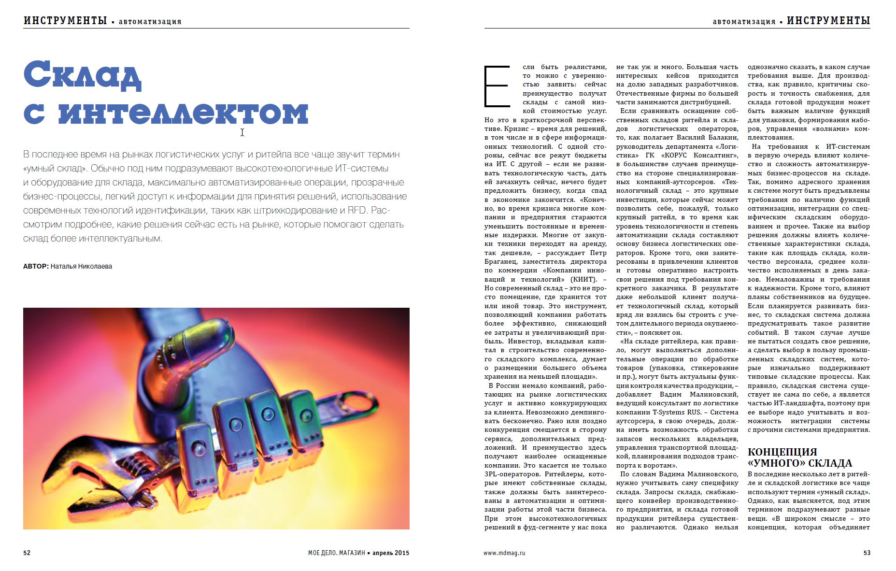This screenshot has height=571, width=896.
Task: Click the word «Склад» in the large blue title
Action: pyautogui.click(x=82, y=75)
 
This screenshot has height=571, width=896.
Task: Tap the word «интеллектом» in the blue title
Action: pyautogui.click(x=183, y=113)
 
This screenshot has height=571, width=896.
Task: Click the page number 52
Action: pyautogui.click(x=27, y=553)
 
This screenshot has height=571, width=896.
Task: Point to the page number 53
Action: pyautogui.click(x=867, y=553)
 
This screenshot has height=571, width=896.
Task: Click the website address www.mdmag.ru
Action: pyautogui.click(x=504, y=553)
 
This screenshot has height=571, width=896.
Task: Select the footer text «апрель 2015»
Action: pyautogui.click(x=391, y=553)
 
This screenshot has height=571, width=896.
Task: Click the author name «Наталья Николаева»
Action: pyautogui.click(x=81, y=266)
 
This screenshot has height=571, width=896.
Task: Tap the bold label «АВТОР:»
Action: pyautogui.click(x=36, y=266)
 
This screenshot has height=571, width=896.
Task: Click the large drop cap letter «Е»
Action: pyautogui.click(x=497, y=86)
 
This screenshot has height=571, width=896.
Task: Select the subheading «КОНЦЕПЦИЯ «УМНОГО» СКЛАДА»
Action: pyautogui.click(x=799, y=457)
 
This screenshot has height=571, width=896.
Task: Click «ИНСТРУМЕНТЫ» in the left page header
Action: pyautogui.click(x=65, y=20)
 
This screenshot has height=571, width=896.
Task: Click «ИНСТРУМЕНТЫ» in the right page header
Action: pyautogui.click(x=828, y=20)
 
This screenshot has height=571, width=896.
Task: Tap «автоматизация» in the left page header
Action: pyautogui.click(x=150, y=22)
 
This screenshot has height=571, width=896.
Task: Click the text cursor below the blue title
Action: pyautogui.click(x=242, y=132)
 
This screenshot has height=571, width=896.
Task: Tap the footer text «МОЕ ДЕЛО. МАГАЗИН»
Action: pyautogui.click(x=336, y=553)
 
